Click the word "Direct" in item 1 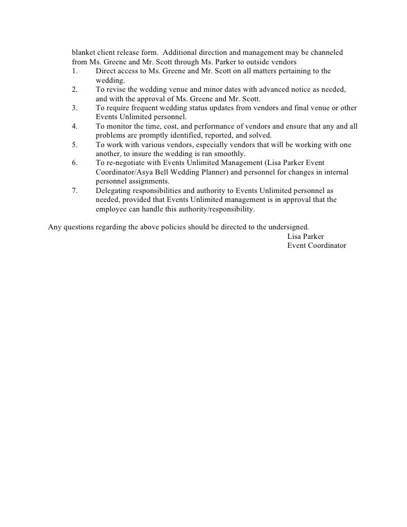tap(107, 71)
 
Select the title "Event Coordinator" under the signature tap(316, 246)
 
